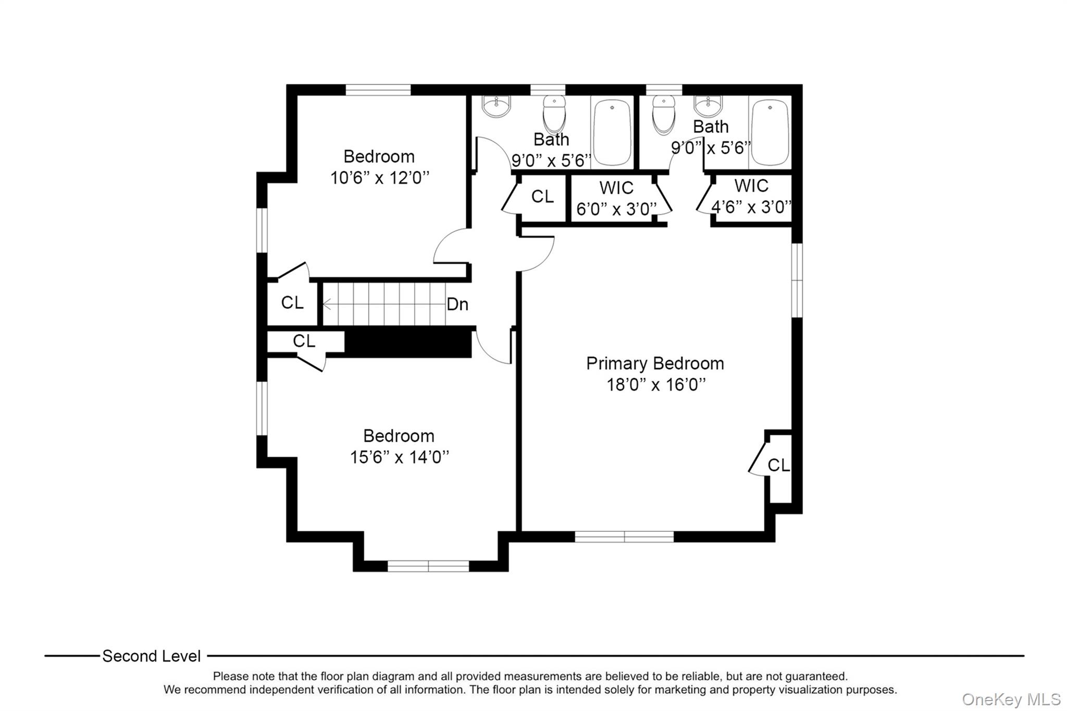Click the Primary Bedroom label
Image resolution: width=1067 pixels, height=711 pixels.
point(655,364)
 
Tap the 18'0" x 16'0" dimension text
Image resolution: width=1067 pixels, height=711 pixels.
point(656,385)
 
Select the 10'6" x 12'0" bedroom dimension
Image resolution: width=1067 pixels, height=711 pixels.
point(380,178)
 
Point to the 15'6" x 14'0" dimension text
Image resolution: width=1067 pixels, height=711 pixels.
point(399,457)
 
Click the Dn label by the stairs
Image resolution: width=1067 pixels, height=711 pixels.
point(457,304)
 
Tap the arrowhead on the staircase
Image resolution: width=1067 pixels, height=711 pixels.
point(327,304)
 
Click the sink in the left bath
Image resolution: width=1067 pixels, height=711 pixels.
point(496,107)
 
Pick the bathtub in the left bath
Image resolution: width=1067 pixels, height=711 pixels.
point(612,132)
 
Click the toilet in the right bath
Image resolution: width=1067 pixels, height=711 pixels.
point(664,114)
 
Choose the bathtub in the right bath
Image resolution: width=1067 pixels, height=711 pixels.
point(770,132)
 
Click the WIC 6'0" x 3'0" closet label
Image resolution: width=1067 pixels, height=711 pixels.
point(616,198)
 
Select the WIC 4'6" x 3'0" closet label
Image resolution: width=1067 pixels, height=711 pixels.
point(751,196)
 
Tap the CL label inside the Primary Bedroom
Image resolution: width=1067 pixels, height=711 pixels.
point(778,465)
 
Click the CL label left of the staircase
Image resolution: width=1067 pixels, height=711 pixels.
point(292,303)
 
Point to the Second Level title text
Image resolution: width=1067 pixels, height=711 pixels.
point(151,656)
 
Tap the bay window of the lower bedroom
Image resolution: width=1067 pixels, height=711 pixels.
point(428,566)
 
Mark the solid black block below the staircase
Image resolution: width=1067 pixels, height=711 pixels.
point(408,342)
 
